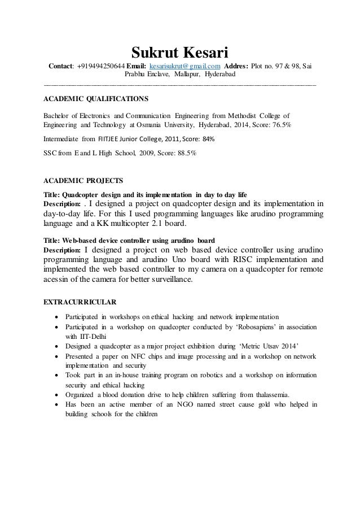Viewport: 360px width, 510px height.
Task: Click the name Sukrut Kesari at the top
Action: pyautogui.click(x=179, y=53)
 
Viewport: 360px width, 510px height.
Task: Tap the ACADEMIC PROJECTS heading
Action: pyautogui.click(x=83, y=182)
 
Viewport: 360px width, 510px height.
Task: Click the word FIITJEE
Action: pyautogui.click(x=111, y=138)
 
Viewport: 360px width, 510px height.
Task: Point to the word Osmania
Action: pyautogui.click(x=164, y=123)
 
